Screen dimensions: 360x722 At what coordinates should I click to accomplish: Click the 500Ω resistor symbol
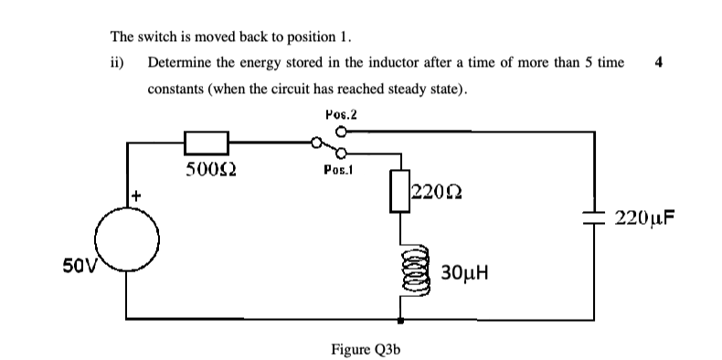[x=206, y=143]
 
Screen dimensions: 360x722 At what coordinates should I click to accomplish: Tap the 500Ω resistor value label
[x=206, y=169]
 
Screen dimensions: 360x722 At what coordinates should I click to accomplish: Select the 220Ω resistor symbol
[x=400, y=191]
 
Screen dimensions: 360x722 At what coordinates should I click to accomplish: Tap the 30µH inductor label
[x=466, y=272]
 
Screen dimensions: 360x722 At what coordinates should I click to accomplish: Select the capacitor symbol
[x=594, y=217]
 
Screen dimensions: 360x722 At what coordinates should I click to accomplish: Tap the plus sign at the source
[x=136, y=195]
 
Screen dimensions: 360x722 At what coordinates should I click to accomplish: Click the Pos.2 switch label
[x=340, y=114]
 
